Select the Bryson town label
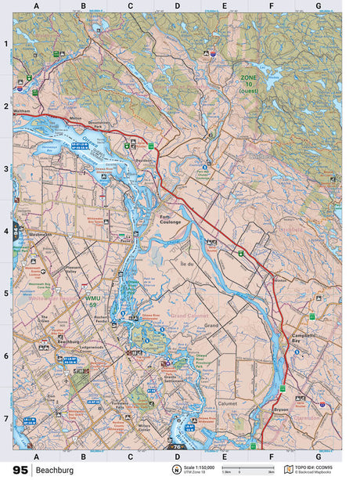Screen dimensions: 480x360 [x=282, y=408]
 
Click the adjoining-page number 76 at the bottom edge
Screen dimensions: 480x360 [x=177, y=447]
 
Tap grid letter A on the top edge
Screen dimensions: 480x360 [x=36, y=6]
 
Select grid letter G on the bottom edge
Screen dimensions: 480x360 [x=318, y=455]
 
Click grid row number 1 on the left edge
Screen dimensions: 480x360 [x=5, y=44]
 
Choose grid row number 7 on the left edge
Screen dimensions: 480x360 [x=5, y=418]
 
